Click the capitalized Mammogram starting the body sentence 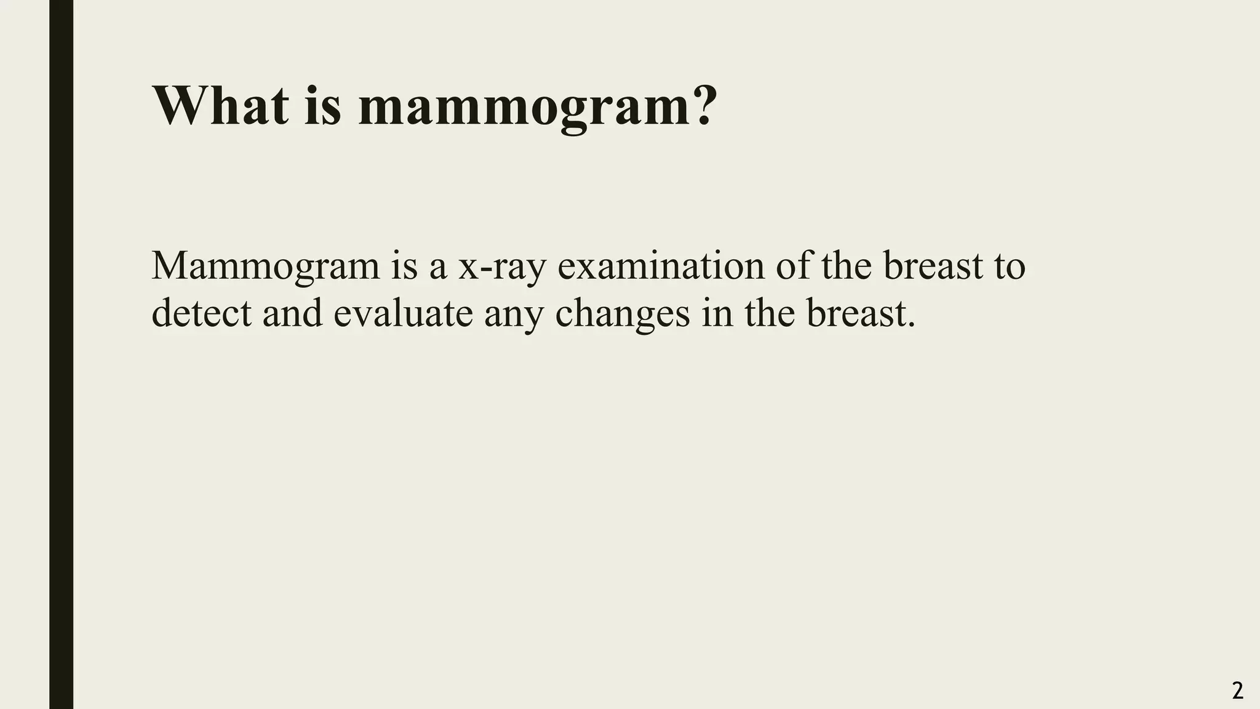265,267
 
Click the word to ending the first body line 1010,267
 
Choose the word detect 201,313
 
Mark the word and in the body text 292,313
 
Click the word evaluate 403,313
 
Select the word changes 622,314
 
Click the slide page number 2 1238,691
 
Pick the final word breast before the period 856,313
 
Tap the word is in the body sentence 403,266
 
